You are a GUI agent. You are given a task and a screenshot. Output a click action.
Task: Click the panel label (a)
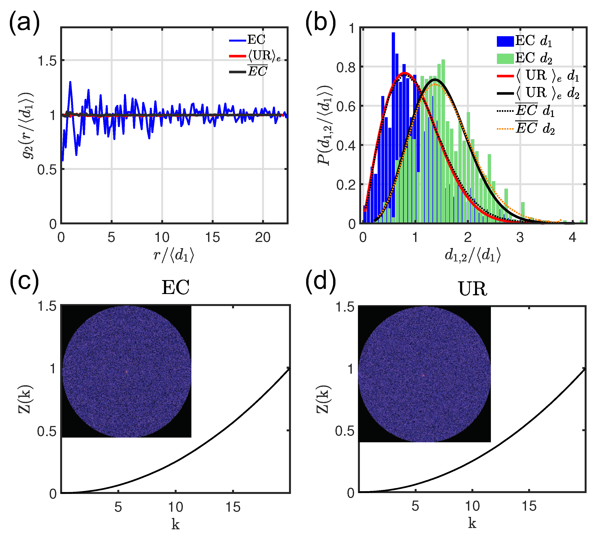[24, 22]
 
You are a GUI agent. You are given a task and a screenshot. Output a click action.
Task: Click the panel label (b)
[320, 22]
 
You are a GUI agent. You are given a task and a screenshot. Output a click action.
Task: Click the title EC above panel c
[175, 288]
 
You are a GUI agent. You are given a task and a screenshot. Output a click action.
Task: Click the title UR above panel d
[472, 289]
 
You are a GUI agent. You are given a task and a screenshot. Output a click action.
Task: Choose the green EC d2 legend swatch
[505, 58]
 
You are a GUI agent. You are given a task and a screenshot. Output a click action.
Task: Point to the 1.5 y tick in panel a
[47, 61]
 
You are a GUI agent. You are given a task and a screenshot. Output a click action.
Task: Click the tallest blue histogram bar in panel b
[393, 88]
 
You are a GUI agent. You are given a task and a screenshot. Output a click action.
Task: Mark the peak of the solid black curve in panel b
[435, 79]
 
